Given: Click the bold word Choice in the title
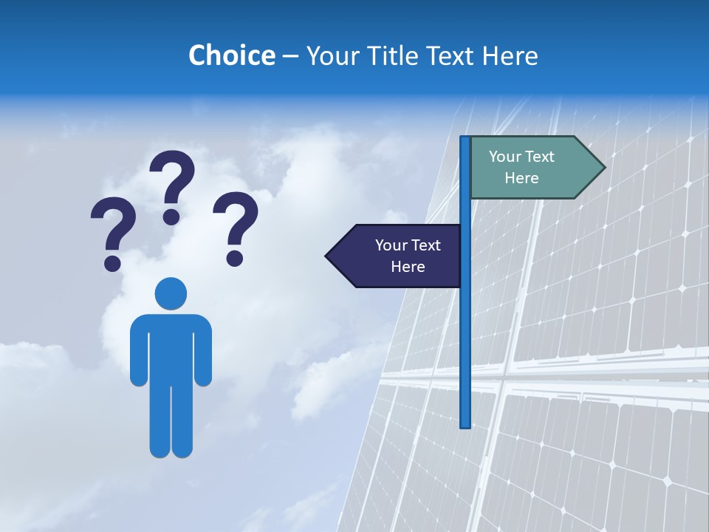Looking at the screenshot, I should coord(231,55).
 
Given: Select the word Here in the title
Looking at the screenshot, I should coord(510,55).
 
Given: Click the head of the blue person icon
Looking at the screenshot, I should coord(171,293).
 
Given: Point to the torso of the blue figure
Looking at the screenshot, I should coord(171,347).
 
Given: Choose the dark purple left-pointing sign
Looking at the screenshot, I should coord(399,256).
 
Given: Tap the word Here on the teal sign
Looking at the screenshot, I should coord(521,178).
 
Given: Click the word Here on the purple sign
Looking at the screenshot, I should coord(408,267).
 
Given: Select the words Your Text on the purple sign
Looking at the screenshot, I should coord(408,245).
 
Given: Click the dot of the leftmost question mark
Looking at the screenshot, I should coord(112,262).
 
